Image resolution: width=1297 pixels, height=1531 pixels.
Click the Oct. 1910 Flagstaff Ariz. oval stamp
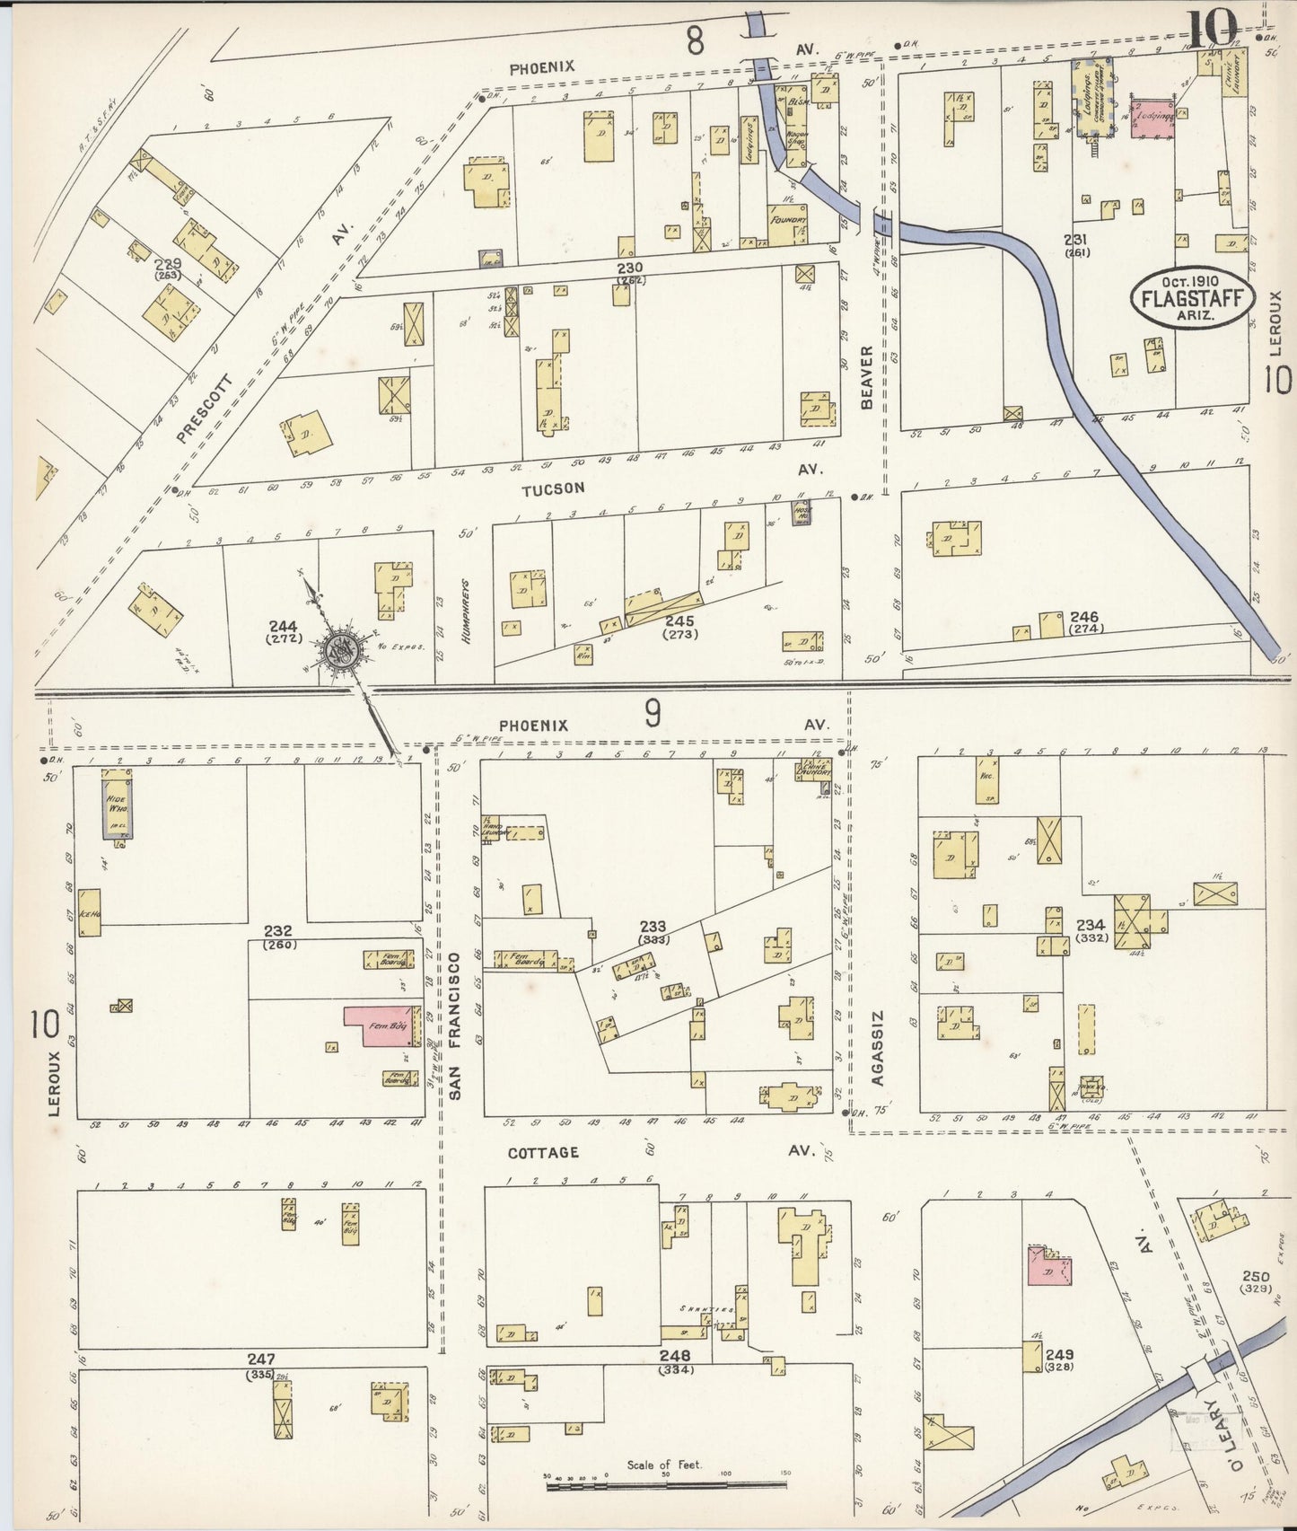point(1191,297)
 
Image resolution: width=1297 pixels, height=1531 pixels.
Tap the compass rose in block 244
point(341,648)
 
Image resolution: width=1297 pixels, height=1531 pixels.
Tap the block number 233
point(653,927)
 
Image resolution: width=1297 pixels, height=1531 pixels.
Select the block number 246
point(1084,617)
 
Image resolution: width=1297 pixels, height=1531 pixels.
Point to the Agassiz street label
point(877,1047)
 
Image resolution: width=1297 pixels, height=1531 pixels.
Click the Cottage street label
point(543,1152)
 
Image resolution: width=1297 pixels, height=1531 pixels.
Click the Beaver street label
point(867,377)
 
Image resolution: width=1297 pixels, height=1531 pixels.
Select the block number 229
point(167,264)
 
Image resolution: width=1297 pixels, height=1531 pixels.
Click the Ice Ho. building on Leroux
point(90,912)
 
